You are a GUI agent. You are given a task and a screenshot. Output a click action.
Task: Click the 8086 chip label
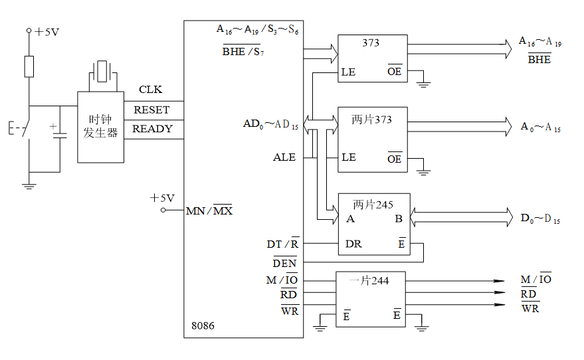pos(203,325)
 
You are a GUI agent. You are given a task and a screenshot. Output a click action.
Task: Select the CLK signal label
pos(150,90)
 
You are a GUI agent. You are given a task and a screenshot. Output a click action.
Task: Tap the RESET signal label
pos(151,110)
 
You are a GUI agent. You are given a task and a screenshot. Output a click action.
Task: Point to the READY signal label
pos(153,129)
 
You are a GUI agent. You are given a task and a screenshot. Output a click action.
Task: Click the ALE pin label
pos(284,157)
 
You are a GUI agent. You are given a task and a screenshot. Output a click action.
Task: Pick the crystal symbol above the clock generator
pos(102,72)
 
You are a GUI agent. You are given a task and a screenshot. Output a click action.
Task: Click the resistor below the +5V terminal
pos(29,66)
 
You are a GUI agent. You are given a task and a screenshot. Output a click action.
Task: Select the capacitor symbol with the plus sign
pos(60,133)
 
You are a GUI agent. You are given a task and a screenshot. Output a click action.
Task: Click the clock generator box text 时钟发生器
pos(100,126)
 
